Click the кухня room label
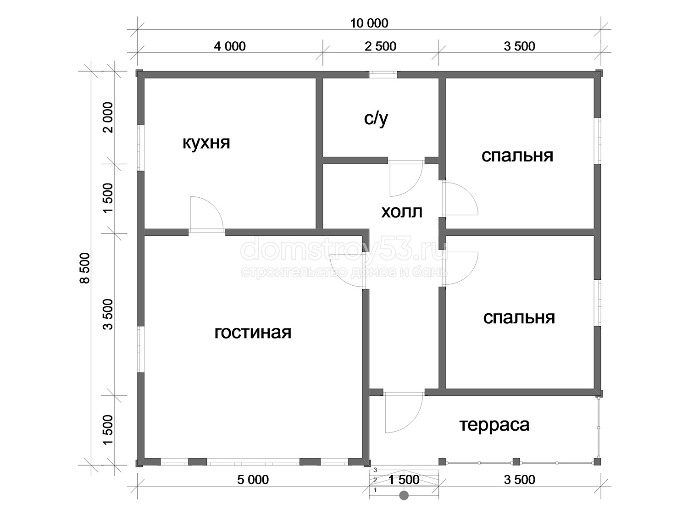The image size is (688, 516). [206, 144]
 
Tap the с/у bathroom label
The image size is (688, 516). [376, 119]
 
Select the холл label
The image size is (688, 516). [401, 212]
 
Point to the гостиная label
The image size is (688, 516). [253, 333]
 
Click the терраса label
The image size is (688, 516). [494, 426]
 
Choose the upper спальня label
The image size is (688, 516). [517, 156]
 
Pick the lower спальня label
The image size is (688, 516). [519, 318]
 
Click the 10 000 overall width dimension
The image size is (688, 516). [369, 23]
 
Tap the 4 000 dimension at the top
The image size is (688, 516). [230, 46]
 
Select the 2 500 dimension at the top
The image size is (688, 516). [381, 46]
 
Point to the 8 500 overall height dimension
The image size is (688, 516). [85, 268]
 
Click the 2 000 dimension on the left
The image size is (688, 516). [108, 117]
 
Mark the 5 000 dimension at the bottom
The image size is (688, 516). [253, 480]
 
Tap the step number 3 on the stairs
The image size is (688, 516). [375, 470]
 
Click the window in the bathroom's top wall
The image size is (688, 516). [383, 74]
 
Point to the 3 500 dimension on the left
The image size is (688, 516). [108, 314]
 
